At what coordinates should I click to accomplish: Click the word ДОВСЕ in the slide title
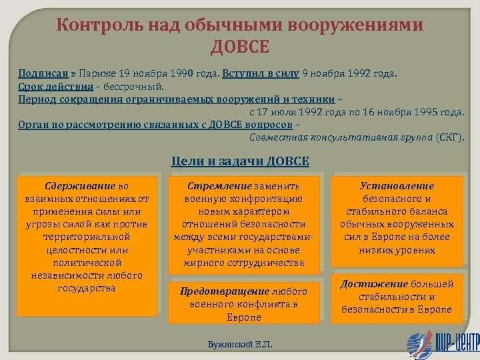pyautogui.click(x=239, y=47)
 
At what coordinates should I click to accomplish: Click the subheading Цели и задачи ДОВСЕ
pyautogui.click(x=240, y=161)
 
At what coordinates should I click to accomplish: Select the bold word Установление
pyautogui.click(x=397, y=186)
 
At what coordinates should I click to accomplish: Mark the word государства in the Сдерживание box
pyautogui.click(x=87, y=287)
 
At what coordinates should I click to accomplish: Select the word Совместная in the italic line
pyautogui.click(x=273, y=137)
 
